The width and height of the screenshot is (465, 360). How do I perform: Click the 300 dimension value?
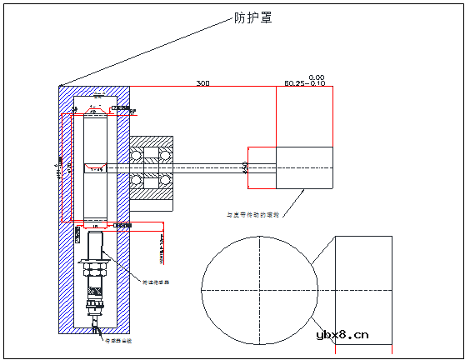202,83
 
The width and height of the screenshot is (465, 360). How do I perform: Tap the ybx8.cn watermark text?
342,335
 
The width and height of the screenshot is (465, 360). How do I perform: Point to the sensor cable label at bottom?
117,341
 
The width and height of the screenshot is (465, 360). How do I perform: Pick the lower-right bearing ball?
166,181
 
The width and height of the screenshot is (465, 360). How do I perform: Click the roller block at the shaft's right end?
304,169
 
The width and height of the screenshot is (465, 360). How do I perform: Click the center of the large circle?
258,290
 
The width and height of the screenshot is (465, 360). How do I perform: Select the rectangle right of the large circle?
362,290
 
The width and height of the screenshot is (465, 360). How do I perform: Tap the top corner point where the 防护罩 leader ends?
61,85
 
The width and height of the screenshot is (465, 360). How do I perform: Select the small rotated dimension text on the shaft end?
245,167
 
